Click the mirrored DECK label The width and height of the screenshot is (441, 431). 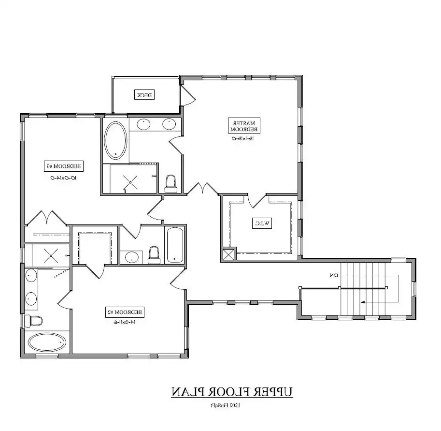point(144,95)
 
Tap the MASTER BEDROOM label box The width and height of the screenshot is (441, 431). point(244,125)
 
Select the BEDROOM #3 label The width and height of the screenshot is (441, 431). point(64,166)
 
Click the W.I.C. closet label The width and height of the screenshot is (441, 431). point(262,223)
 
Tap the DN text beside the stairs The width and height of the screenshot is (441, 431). point(333,276)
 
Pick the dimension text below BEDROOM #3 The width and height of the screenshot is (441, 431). point(63,178)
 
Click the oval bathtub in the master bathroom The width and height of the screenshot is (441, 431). point(116,140)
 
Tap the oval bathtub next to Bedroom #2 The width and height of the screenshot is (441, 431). point(47,342)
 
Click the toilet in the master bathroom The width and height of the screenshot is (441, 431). point(171,183)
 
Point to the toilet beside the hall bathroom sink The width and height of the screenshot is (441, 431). point(154,254)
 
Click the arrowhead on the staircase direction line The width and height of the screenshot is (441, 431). point(362,301)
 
